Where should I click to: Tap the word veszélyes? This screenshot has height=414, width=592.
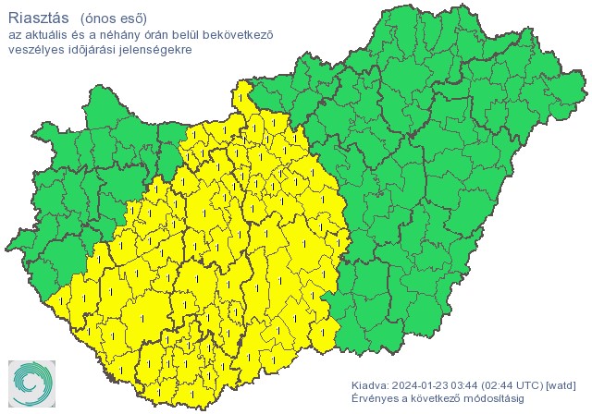point(35,49)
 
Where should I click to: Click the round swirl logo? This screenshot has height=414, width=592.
point(31,383)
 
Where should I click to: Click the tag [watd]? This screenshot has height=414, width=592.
point(562,384)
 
